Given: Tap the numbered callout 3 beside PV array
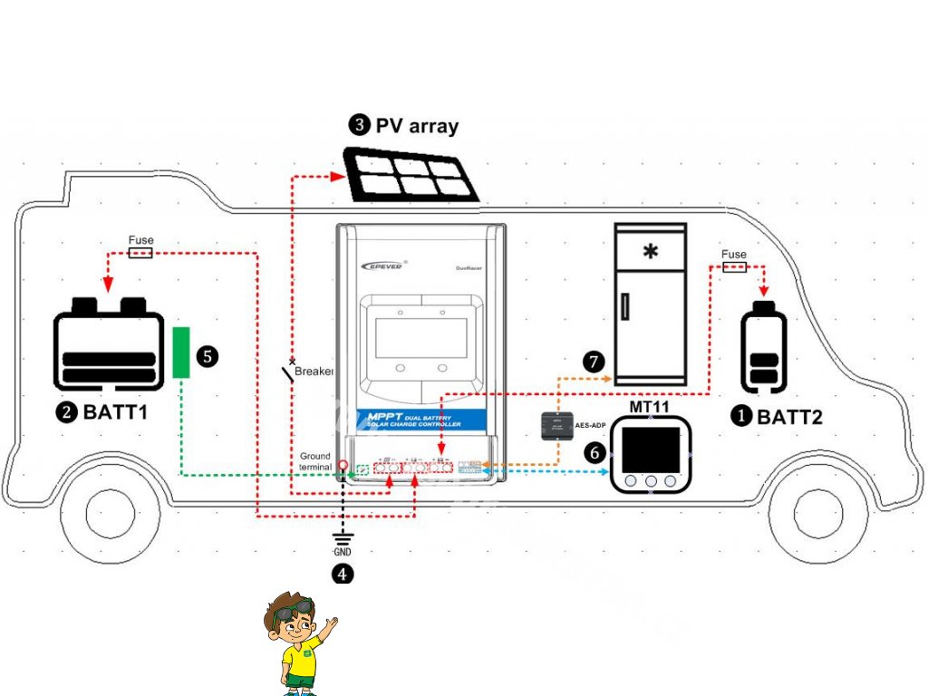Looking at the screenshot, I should tap(360, 125).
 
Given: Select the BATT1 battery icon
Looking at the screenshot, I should tap(110, 343).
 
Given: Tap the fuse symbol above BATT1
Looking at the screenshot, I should tap(140, 253).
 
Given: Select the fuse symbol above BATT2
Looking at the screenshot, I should tap(734, 267).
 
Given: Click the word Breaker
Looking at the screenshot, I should tap(314, 372).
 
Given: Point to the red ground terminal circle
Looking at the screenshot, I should tap(343, 467).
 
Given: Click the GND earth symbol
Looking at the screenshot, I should tap(342, 539).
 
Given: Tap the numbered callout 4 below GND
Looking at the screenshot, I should tap(342, 574).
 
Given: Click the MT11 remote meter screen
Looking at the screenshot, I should tap(651, 448).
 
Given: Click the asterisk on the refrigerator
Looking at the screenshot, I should tap(650, 251).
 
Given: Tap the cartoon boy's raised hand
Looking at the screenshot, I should tap(331, 625).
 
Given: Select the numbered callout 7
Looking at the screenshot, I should tap(594, 362).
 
